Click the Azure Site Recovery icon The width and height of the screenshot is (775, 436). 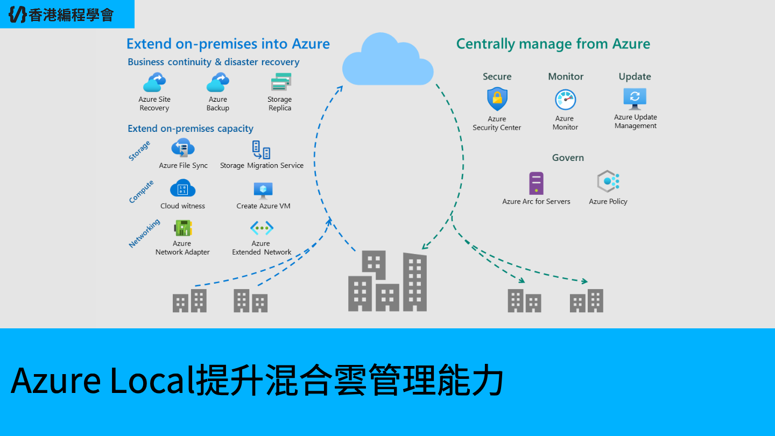[x=154, y=82]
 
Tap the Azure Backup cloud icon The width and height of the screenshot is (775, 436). [x=218, y=82]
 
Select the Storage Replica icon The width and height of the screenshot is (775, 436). [x=281, y=82]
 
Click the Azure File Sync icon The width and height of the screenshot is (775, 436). [x=183, y=148]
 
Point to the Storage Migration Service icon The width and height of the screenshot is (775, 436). [x=261, y=150]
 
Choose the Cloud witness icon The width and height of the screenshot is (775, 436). [x=182, y=188]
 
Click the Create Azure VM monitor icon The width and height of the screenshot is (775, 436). [x=263, y=191]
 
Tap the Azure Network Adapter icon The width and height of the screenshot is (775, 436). [x=182, y=228]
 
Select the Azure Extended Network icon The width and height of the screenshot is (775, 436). [x=262, y=228]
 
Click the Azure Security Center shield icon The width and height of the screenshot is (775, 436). [x=497, y=99]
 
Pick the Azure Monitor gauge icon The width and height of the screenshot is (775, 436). [x=565, y=100]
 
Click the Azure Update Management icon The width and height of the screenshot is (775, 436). [x=635, y=99]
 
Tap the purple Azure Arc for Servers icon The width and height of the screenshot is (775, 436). [x=536, y=184]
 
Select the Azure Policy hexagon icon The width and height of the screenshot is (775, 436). [x=608, y=181]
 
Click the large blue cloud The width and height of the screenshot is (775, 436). [x=388, y=60]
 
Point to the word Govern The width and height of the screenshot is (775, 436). [x=568, y=158]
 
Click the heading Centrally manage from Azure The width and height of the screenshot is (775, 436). [x=553, y=44]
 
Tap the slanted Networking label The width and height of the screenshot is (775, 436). [x=144, y=233]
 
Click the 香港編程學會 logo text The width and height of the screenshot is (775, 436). [x=71, y=15]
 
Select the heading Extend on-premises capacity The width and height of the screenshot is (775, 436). [x=191, y=129]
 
